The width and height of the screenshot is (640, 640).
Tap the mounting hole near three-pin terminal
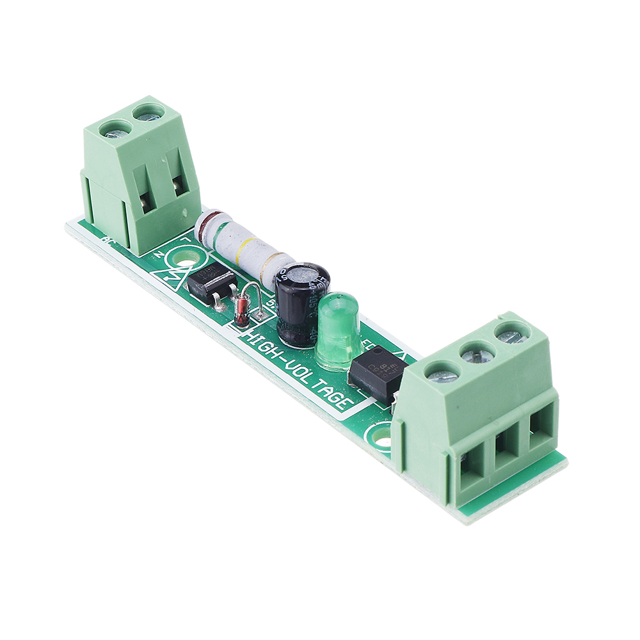[x=382, y=440]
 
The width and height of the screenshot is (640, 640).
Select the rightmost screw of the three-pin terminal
[x=511, y=335]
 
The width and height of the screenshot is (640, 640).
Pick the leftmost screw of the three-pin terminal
[x=442, y=374]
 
